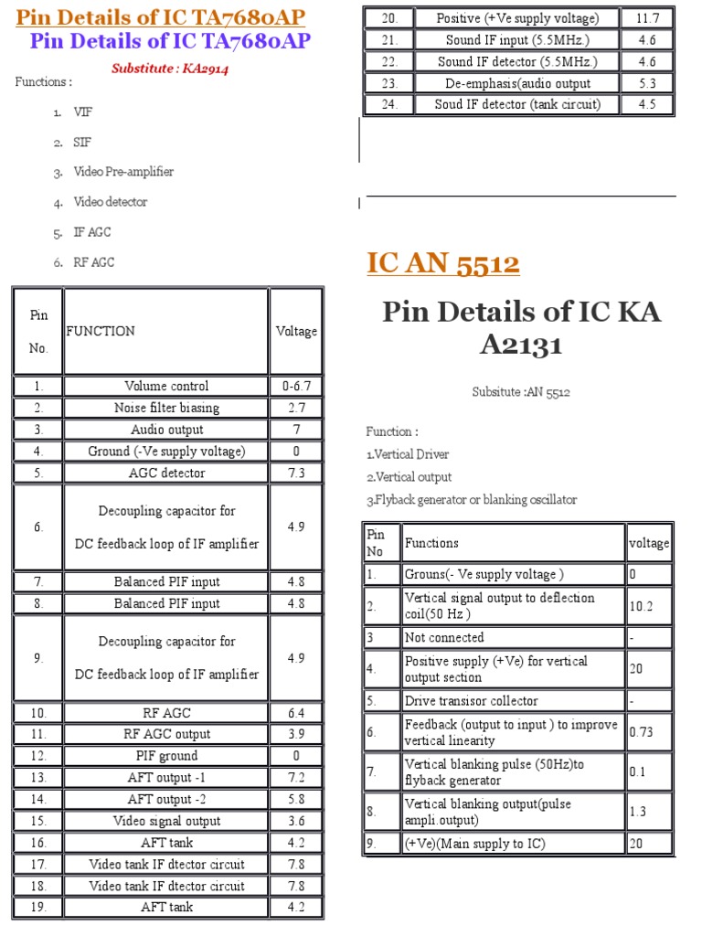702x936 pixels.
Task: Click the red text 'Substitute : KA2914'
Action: click(x=169, y=68)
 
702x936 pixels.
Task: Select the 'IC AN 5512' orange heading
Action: click(x=443, y=264)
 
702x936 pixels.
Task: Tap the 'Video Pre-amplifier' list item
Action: click(x=123, y=172)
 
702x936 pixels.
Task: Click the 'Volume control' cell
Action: click(x=166, y=386)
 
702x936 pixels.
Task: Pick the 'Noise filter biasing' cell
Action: click(x=166, y=408)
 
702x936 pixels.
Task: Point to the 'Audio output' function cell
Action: click(x=166, y=430)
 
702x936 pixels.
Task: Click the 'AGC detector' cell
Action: click(x=166, y=473)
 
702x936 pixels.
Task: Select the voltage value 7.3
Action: click(x=295, y=473)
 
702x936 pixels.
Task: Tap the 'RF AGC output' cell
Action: click(x=166, y=734)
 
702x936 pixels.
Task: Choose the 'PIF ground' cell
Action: click(x=166, y=756)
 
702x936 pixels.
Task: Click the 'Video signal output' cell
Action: click(x=166, y=821)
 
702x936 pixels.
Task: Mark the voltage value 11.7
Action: click(x=647, y=18)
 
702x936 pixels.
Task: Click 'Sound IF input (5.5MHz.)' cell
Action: click(x=517, y=40)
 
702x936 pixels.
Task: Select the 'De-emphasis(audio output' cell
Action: click(x=517, y=83)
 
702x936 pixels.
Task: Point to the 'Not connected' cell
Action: click(x=444, y=637)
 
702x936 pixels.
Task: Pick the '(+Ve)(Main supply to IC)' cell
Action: click(x=474, y=844)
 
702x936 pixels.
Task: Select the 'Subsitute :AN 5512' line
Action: click(x=521, y=392)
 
